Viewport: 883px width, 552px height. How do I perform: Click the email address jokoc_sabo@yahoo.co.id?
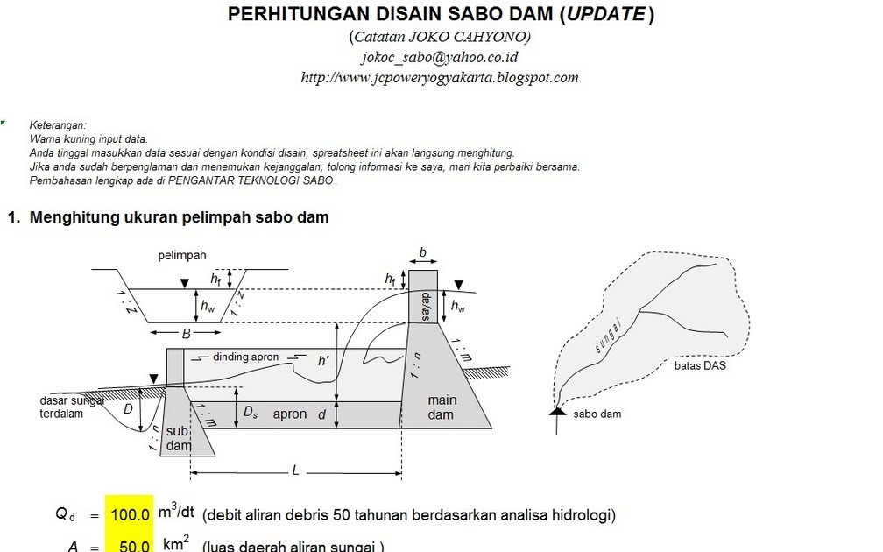[439, 57]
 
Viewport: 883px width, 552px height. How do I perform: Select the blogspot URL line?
[439, 77]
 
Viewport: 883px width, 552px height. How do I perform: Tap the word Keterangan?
[58, 126]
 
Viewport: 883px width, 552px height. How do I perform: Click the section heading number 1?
[13, 217]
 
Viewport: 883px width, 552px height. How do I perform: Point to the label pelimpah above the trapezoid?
[183, 256]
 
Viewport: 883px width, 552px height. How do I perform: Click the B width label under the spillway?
[186, 333]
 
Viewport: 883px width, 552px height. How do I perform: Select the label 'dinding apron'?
[245, 357]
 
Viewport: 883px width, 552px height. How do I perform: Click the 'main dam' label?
[441, 407]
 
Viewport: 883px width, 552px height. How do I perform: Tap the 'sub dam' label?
[179, 438]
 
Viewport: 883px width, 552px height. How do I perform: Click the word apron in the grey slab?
[290, 414]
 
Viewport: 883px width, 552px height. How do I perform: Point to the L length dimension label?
[296, 471]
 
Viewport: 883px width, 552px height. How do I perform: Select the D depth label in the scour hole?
[129, 408]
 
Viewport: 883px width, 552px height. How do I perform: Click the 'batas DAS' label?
[700, 365]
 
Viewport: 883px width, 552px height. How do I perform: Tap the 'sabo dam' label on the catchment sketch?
[597, 414]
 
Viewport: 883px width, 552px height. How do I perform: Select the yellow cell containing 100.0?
[129, 515]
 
